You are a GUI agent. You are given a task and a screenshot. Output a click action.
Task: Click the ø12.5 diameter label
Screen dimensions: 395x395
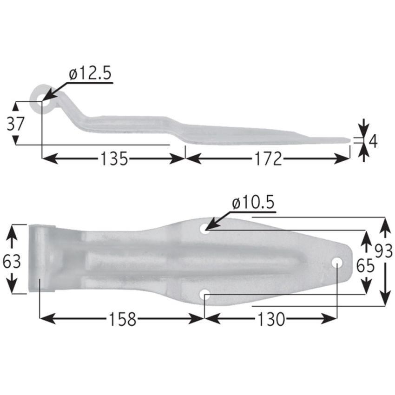90,74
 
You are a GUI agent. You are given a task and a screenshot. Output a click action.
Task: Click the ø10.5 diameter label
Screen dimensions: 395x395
253,203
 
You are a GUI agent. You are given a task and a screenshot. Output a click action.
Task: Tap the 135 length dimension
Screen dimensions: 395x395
114,159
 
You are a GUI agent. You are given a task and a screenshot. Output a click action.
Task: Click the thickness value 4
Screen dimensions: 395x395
372,141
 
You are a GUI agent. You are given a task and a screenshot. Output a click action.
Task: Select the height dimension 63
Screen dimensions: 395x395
12,262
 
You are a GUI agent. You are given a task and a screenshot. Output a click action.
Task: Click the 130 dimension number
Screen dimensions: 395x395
270,319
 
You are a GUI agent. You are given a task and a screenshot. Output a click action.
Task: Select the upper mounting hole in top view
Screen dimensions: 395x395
204,228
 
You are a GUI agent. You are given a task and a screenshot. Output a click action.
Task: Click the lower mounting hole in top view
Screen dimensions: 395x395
204,295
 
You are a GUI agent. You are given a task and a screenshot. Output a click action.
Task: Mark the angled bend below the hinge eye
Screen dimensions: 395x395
74,112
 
